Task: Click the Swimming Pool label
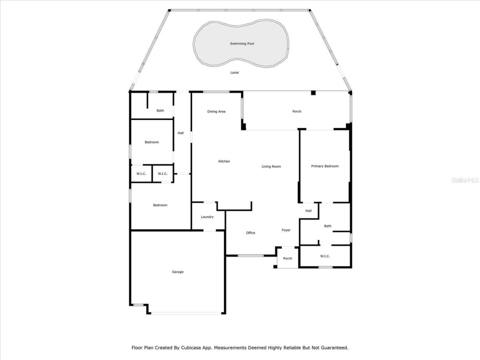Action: pos(242,44)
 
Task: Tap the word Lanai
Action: pos(234,73)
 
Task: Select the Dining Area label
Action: pos(216,111)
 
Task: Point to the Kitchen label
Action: pos(224,161)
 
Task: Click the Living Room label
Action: pos(271,166)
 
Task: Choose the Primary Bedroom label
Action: pos(325,166)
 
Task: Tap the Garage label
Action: pos(178,272)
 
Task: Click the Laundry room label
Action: pos(207,217)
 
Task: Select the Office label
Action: pos(250,233)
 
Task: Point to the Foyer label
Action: pos(286,230)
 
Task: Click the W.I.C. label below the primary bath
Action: pos(325,256)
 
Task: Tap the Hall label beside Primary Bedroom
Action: pos(308,211)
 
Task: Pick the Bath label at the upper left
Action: pos(160,110)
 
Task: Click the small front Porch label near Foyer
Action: pos(287,258)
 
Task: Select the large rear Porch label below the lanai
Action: pos(297,111)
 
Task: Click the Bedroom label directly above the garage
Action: pos(160,205)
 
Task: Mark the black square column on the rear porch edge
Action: pos(313,93)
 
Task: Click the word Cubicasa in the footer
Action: pos(191,348)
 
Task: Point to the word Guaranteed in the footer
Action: pos(335,348)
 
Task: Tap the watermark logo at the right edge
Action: pos(465,180)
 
